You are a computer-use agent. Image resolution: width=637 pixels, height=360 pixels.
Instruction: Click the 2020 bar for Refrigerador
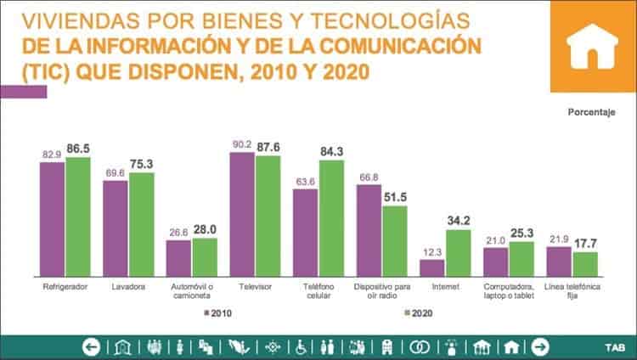pos(77,216)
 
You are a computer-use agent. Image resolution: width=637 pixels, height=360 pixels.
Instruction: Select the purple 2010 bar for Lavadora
pos(116,228)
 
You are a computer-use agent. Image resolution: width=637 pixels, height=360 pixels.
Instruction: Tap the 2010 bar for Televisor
pos(243,212)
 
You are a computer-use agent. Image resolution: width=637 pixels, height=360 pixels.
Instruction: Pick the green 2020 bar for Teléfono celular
pos(331,217)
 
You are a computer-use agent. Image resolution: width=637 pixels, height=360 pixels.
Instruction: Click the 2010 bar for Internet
pos(432,267)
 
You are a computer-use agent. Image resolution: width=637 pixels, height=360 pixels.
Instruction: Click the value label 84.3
pos(332,153)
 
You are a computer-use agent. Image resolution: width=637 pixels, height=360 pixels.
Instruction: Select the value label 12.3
pos(432,252)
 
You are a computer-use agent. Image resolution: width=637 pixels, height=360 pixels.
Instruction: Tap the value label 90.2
pos(243,143)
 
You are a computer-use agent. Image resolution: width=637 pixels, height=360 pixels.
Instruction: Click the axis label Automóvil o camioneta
pos(191,290)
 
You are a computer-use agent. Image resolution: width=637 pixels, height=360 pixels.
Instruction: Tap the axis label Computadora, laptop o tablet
pos(509,290)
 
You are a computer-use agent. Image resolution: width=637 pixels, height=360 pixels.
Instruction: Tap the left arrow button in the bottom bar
pos(92,346)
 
